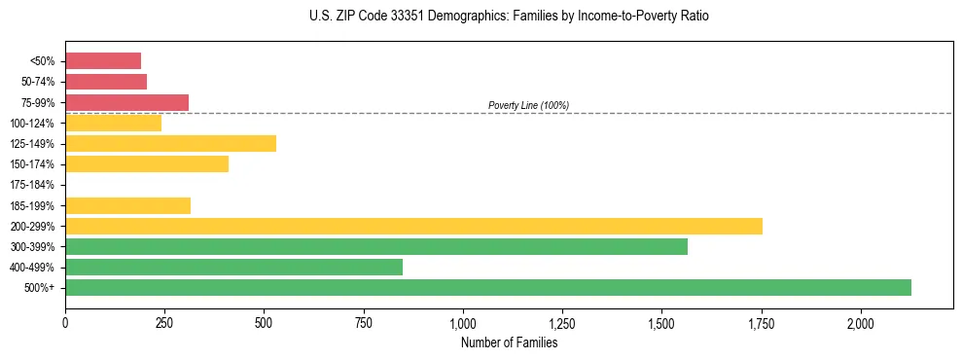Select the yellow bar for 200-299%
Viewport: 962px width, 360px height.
click(413, 226)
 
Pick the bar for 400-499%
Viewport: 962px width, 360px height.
click(233, 267)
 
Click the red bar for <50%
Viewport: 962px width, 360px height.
click(103, 61)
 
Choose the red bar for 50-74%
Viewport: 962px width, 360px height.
click(106, 82)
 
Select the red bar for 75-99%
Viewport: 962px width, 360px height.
click(126, 102)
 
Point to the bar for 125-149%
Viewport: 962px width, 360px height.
click(170, 143)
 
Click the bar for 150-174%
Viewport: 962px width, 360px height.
click(147, 163)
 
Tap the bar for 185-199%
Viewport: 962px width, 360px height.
click(127, 205)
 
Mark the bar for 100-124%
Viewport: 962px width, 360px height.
click(113, 123)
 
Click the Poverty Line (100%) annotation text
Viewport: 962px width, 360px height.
click(528, 105)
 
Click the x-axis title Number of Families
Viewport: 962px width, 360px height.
click(509, 342)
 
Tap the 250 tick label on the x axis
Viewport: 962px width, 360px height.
click(164, 323)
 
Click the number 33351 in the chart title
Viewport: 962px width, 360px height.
click(382, 17)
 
